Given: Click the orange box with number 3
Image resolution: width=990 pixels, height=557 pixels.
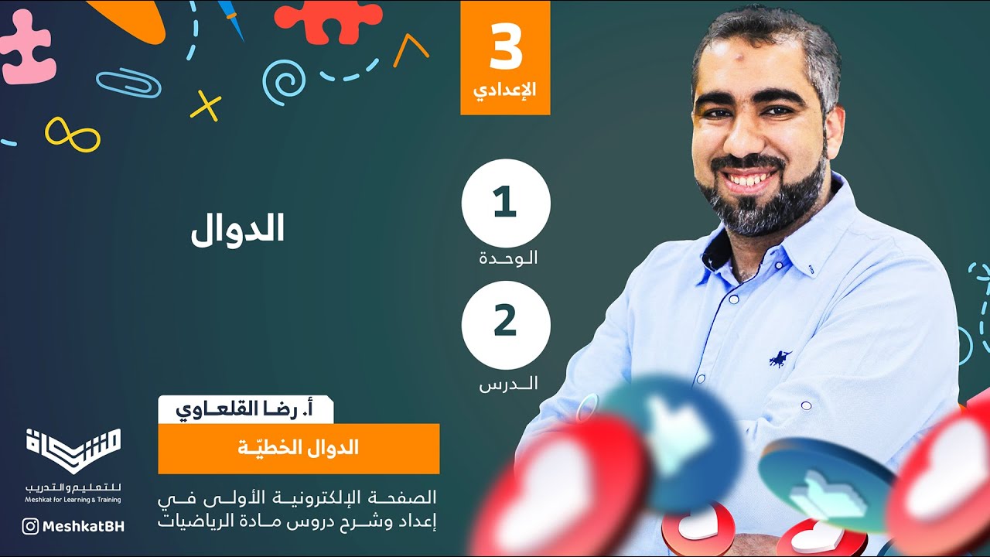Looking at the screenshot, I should [x=505, y=58].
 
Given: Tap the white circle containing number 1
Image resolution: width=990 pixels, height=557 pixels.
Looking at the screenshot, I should [x=506, y=203].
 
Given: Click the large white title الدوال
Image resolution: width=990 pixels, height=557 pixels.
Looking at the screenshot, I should [x=237, y=227].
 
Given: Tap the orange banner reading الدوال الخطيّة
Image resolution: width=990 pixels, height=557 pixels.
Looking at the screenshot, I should [x=299, y=448].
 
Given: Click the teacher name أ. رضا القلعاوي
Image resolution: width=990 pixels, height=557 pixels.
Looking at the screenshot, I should [x=245, y=408].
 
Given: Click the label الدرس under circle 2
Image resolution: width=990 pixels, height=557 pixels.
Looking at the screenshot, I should [x=508, y=383].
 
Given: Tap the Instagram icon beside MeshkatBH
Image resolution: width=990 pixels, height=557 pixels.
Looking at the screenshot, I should [x=30, y=527].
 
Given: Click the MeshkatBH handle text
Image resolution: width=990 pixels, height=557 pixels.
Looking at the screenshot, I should [x=83, y=527].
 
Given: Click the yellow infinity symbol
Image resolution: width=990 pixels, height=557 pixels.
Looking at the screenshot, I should [x=72, y=135].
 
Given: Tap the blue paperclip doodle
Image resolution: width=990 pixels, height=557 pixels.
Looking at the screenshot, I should [x=128, y=83].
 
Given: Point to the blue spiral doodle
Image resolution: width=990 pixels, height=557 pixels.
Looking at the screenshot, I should [x=283, y=81].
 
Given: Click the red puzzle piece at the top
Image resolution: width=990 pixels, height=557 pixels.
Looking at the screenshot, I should [x=329, y=20].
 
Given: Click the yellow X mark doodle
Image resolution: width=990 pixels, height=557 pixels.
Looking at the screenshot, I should [x=205, y=106].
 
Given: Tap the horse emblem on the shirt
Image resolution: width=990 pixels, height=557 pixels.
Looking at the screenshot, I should [x=780, y=358].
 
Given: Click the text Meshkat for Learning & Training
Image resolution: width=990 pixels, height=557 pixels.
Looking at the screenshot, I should [x=73, y=500].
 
